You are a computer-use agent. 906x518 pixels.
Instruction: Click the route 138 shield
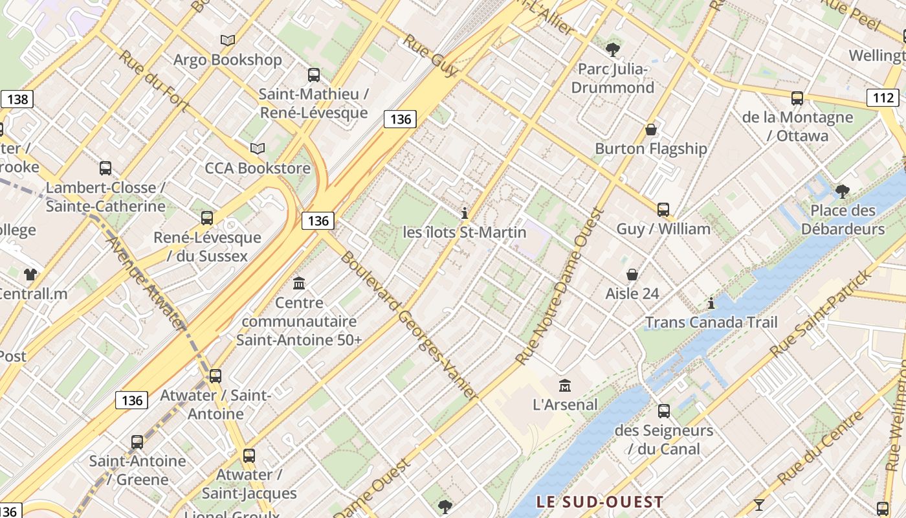pyautogui.click(x=17, y=99)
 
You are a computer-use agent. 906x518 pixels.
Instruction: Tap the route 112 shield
pyautogui.click(x=883, y=98)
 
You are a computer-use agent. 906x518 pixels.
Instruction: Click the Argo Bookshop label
pyautogui.click(x=227, y=60)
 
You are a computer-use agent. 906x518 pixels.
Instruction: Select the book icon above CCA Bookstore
pyautogui.click(x=258, y=148)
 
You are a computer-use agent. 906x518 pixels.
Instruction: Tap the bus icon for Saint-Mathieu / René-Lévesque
pyautogui.click(x=314, y=75)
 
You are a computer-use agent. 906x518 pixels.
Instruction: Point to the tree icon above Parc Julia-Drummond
pyautogui.click(x=612, y=49)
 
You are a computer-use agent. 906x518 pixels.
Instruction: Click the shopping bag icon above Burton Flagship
pyautogui.click(x=651, y=129)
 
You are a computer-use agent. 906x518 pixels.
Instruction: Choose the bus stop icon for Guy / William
pyautogui.click(x=663, y=210)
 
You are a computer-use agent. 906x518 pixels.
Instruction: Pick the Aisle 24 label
pyautogui.click(x=632, y=293)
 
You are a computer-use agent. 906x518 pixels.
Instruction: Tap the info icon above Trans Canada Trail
pyautogui.click(x=711, y=303)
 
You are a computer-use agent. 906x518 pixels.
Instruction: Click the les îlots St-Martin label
pyautogui.click(x=465, y=232)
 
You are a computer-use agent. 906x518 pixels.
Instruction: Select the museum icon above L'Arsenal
pyautogui.click(x=565, y=386)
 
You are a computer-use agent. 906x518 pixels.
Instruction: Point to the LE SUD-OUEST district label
pyautogui.click(x=600, y=502)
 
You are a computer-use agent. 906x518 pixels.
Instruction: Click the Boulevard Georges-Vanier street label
pyautogui.click(x=409, y=326)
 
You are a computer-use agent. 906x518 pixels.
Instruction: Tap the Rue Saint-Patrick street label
pyautogui.click(x=821, y=313)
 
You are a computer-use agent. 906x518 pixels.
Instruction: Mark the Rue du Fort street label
pyautogui.click(x=154, y=81)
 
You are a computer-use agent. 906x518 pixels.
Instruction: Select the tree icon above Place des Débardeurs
pyautogui.click(x=842, y=191)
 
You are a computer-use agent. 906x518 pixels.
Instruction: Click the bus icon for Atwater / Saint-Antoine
pyautogui.click(x=215, y=376)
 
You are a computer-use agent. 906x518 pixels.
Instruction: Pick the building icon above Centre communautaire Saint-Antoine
pyautogui.click(x=299, y=284)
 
